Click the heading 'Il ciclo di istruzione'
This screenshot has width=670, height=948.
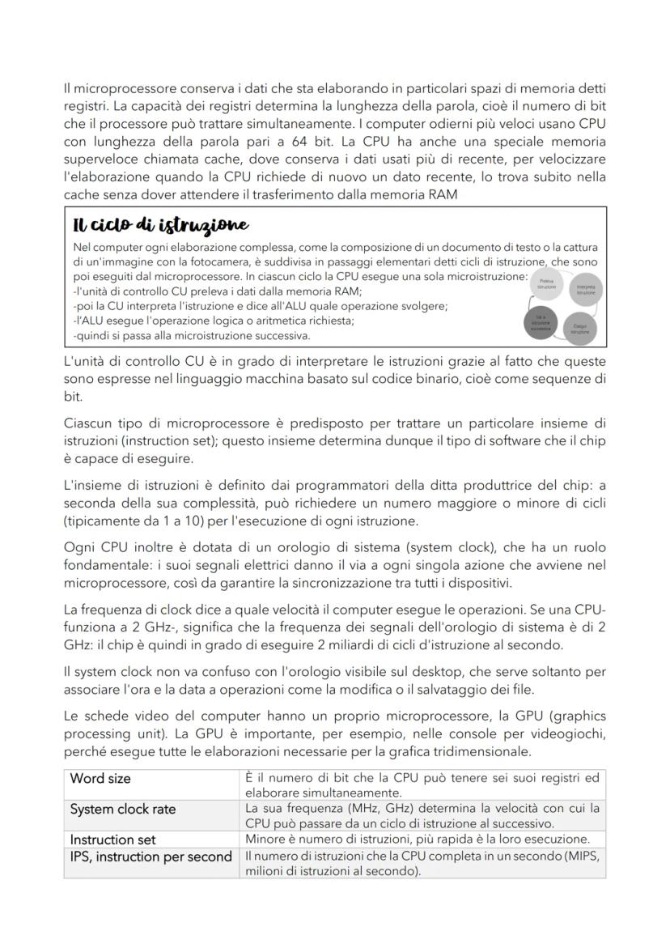tap(159, 224)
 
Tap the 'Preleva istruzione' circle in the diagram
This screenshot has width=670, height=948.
tap(547, 284)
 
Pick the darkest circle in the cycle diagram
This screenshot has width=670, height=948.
tap(542, 324)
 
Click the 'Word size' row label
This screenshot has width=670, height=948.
tap(100, 778)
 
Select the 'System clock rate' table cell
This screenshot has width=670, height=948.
tap(123, 809)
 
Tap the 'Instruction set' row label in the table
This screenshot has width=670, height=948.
tap(112, 840)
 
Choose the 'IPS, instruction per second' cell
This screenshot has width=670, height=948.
tap(151, 857)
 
